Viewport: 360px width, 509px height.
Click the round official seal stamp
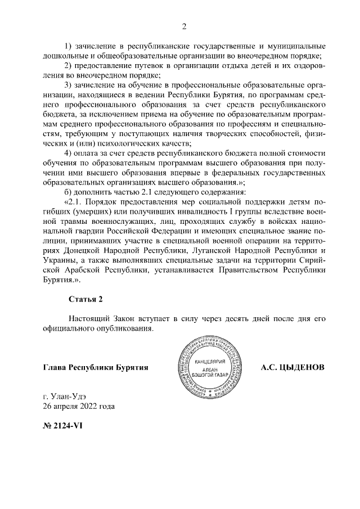[x=208, y=367]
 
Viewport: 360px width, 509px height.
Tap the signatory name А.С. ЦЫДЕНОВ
[x=292, y=367]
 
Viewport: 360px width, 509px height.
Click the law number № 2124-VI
[x=63, y=425]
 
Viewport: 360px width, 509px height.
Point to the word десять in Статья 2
[x=215, y=318]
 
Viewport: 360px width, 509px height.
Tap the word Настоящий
[x=90, y=318]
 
